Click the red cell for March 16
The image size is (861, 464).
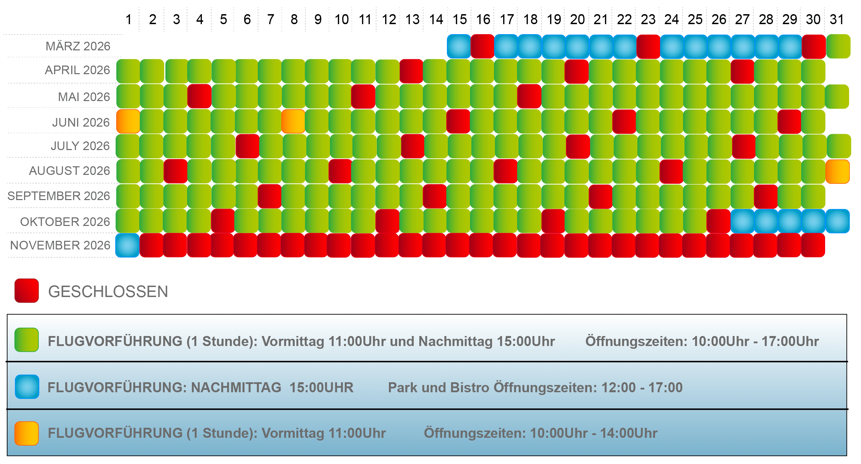tap(482, 46)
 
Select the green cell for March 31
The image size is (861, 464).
tap(838, 46)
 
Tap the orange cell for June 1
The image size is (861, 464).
tap(128, 121)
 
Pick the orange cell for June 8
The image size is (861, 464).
tap(293, 121)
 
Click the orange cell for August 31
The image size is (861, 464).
tap(838, 171)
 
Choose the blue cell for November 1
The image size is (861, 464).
tap(127, 245)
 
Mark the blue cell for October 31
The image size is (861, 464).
tap(838, 221)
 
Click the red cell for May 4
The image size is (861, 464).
tap(199, 96)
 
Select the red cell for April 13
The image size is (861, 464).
tap(411, 71)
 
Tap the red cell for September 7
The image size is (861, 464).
tap(270, 196)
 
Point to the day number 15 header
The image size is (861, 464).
tap(460, 20)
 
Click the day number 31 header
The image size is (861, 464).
tap(837, 20)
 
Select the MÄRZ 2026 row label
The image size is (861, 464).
tap(78, 46)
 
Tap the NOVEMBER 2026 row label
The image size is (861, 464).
tap(60, 245)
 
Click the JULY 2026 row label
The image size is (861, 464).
tap(80, 146)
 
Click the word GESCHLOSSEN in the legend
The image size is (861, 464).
tap(108, 292)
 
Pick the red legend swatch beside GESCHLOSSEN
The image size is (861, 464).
tap(27, 291)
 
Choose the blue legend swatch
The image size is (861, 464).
tap(27, 387)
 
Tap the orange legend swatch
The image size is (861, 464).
tap(27, 433)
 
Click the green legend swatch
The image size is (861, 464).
tap(27, 340)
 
